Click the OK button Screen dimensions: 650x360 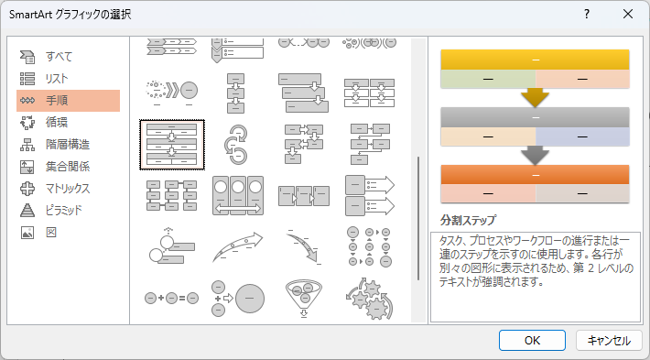532,341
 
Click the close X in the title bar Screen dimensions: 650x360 628,14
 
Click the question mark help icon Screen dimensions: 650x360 587,14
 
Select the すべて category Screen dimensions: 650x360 59,57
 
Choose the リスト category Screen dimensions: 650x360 57,79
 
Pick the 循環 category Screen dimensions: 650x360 57,123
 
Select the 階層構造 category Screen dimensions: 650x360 67,145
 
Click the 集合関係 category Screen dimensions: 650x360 67,167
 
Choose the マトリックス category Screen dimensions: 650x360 67,189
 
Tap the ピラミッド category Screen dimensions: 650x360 63,211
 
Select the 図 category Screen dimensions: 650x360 50,233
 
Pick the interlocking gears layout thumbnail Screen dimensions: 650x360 369,299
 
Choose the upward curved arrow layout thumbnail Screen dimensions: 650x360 237,247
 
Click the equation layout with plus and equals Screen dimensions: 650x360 171,298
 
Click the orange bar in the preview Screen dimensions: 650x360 535,175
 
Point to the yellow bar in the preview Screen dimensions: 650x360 535,60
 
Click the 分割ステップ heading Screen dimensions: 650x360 468,220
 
